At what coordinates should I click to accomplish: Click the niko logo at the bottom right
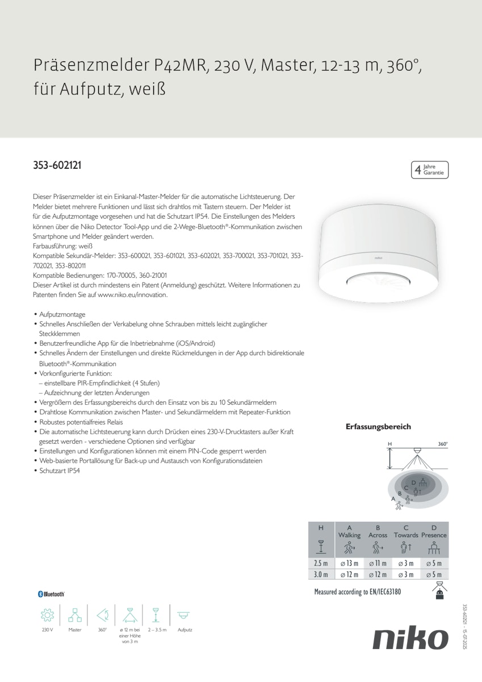click(410, 639)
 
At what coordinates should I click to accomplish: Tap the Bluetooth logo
click(51, 594)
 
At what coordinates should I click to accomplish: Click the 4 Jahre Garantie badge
click(429, 169)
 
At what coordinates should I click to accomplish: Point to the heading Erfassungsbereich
click(378, 427)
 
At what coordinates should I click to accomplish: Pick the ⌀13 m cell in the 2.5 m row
click(349, 563)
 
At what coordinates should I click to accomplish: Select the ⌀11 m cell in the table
click(378, 563)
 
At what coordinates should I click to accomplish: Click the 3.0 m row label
click(321, 575)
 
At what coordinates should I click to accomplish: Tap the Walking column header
click(349, 535)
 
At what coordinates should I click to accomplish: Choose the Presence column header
click(434, 535)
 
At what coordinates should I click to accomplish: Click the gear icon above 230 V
click(47, 615)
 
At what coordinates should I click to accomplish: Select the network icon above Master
click(75, 615)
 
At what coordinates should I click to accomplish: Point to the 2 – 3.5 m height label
click(156, 630)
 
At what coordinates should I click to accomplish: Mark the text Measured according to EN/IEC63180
click(357, 592)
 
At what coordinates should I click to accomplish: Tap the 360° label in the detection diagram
click(443, 444)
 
